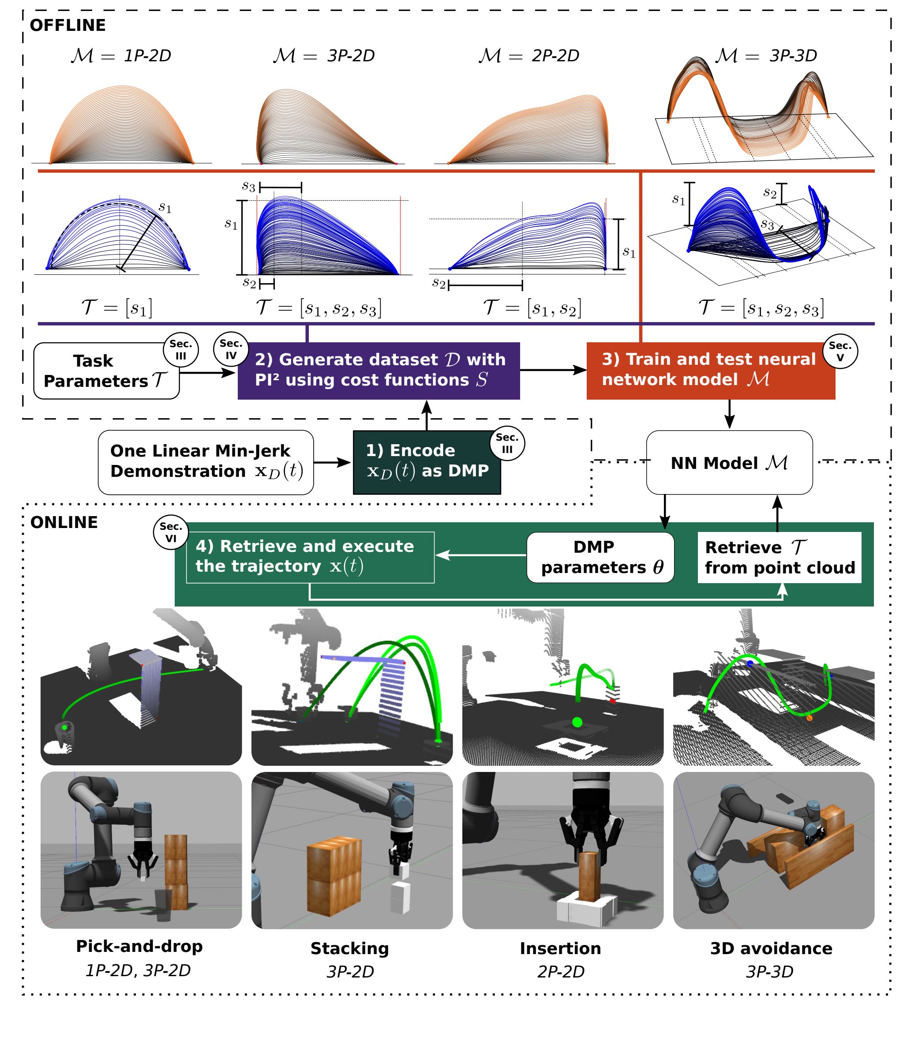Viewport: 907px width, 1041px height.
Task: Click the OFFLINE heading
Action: (x=68, y=25)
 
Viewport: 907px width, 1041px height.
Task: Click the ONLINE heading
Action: (x=64, y=522)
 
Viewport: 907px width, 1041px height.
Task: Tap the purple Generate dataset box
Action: (x=379, y=371)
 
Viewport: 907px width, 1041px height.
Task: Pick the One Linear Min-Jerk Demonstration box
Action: (x=206, y=461)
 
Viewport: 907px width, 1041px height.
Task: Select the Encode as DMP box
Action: (x=426, y=461)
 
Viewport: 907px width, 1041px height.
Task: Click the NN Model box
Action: (x=729, y=463)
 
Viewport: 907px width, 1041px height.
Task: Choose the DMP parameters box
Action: (x=600, y=557)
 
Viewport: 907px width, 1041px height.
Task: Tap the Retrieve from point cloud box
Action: (x=780, y=557)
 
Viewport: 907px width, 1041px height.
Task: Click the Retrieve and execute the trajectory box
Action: (x=310, y=557)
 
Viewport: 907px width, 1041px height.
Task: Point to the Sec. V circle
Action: (x=840, y=351)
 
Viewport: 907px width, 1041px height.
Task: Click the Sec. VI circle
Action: (x=171, y=532)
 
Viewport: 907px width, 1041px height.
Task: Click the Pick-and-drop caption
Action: (x=139, y=946)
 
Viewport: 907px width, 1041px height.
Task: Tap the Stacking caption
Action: (x=350, y=948)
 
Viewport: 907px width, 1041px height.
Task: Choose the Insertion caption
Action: (x=560, y=948)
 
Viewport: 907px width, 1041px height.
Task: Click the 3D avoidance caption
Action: (x=771, y=948)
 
